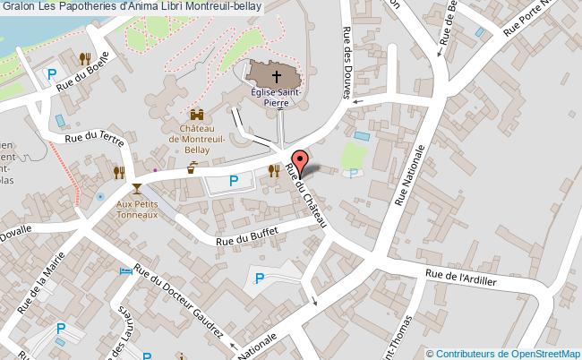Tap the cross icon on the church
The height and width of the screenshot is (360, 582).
(275, 77)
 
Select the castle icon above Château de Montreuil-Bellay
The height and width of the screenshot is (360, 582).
(197, 116)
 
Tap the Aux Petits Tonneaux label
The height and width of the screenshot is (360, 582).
(137, 209)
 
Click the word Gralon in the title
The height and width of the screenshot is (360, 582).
(18, 7)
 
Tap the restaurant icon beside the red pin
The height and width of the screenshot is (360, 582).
(274, 169)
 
